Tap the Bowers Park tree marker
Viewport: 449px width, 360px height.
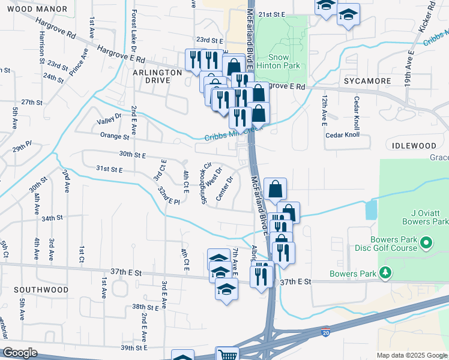coord(385,274)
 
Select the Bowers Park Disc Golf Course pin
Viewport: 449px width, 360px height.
coord(426,243)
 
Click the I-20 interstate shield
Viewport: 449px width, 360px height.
coord(325,332)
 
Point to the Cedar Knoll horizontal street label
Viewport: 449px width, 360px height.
coord(342,135)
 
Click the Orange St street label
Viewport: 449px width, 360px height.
coord(115,136)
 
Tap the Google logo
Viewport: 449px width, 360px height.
coord(20,353)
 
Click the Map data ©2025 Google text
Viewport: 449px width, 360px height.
coord(411,355)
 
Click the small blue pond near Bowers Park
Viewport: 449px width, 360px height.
coord(371,209)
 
